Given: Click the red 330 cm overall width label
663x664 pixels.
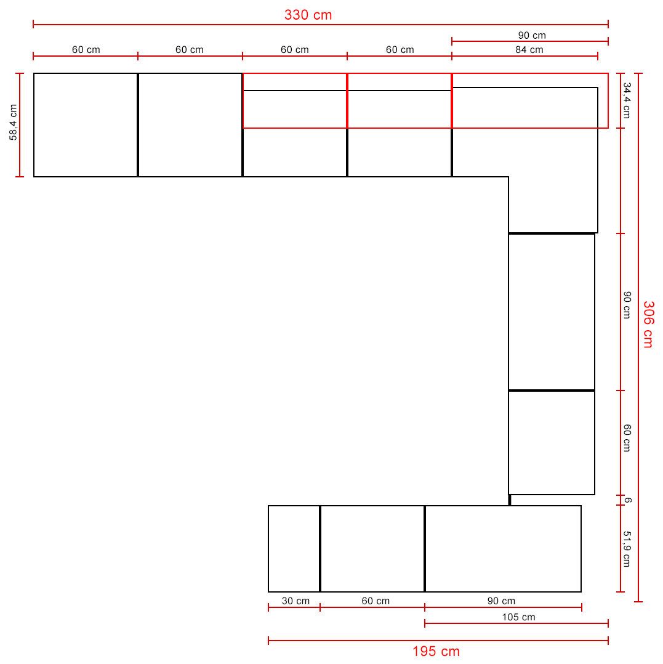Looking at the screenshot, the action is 308,15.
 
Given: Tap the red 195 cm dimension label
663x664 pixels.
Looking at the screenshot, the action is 436,651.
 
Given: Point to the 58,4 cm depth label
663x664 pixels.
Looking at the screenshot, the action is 13,122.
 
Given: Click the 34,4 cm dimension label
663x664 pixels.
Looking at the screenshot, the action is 627,100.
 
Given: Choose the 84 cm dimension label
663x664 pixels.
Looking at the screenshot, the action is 529,49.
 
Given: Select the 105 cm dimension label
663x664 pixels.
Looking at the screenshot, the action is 519,617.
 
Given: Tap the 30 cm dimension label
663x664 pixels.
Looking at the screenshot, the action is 295,601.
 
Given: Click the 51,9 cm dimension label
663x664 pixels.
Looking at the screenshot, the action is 627,549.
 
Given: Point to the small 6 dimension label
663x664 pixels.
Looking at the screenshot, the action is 628,500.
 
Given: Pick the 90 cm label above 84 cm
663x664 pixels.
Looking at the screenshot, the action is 532,35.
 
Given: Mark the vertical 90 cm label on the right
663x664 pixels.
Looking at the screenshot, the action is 627,305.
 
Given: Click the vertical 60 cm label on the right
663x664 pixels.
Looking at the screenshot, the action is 627,438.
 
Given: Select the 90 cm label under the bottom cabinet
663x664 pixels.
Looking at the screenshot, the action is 501,601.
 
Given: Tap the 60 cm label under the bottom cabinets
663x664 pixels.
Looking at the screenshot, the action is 376,601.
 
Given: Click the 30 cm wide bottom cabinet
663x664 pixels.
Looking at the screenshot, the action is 294,549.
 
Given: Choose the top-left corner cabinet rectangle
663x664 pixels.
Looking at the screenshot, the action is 86,125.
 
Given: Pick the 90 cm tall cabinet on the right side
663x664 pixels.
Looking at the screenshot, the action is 552,312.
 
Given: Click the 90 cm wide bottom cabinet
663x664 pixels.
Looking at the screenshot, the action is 503,549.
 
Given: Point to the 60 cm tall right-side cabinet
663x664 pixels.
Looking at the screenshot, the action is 552,442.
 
